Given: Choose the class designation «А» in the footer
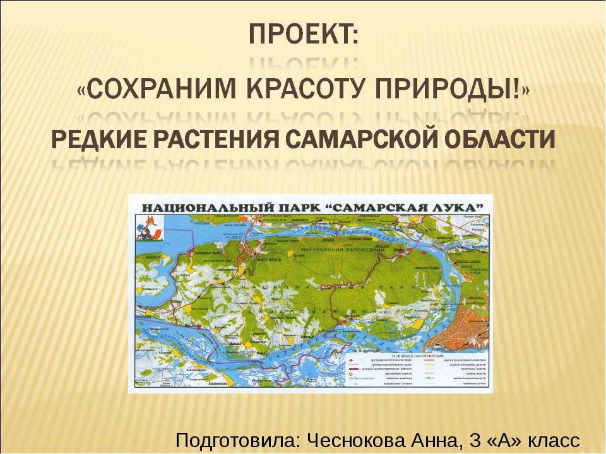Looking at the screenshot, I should tap(501, 439).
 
